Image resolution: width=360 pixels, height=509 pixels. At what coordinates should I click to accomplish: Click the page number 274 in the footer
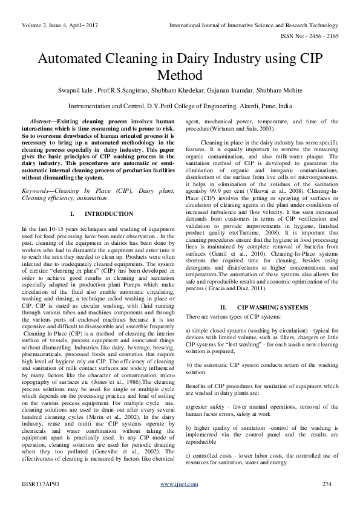[x=327, y=485]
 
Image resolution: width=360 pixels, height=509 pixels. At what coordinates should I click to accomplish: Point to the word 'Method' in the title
[x=180, y=76]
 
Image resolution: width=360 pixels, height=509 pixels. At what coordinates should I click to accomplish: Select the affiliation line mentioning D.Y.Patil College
[x=180, y=105]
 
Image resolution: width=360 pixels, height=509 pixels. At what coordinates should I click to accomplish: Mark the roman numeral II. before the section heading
[x=223, y=308]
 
